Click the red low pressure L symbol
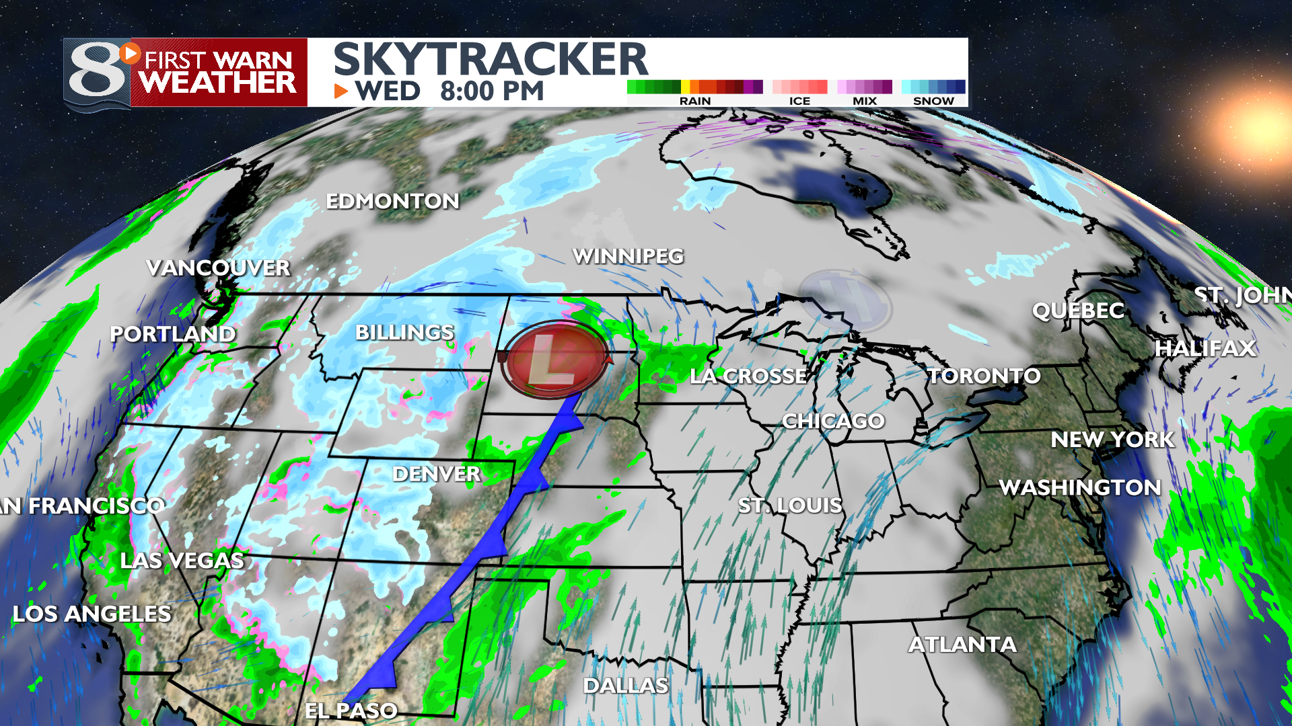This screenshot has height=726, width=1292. pos(555,361)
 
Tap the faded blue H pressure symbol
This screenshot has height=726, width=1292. pos(845,301)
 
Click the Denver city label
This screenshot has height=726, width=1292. pos(436,474)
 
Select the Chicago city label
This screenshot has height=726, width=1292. pos(833,421)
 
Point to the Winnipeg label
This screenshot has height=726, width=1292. pos(628,256)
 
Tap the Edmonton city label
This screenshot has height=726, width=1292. pos(392,201)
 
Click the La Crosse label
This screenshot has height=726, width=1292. pos(748,376)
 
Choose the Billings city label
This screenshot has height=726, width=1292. pos(404,333)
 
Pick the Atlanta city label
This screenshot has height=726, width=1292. pos(962,645)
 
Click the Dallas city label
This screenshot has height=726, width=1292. pos(625,686)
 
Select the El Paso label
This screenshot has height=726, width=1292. pos(351,711)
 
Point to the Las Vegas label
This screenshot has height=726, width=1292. pos(182,561)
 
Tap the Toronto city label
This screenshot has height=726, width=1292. pos(984,376)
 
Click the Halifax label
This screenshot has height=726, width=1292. pos(1205,348)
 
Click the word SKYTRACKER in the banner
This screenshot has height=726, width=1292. pos(491,59)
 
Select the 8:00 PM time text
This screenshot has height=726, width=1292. pos(492,91)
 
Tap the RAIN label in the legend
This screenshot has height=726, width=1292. pos(695,101)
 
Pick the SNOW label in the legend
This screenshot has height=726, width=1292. pos(933,101)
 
